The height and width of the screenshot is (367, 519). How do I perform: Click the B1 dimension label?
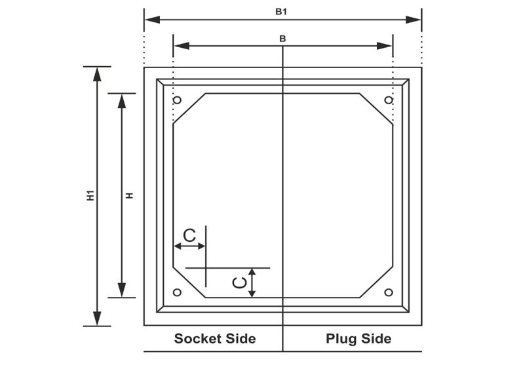(x=282, y=11)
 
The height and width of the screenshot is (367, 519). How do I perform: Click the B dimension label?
(x=282, y=39)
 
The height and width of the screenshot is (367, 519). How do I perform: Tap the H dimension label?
(x=130, y=195)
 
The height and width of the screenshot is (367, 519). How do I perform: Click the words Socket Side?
(x=214, y=339)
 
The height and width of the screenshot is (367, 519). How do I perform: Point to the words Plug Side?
(x=358, y=339)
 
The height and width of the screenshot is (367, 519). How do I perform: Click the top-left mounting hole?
(x=177, y=100)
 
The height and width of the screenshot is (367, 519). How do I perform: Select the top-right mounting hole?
(x=389, y=100)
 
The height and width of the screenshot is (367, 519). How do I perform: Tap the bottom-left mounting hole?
(x=177, y=292)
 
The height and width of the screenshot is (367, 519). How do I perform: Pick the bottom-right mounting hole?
(x=389, y=292)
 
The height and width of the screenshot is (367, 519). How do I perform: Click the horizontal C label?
(x=189, y=235)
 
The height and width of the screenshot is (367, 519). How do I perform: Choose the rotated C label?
(x=240, y=282)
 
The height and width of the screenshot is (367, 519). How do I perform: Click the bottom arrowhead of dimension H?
(x=122, y=290)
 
